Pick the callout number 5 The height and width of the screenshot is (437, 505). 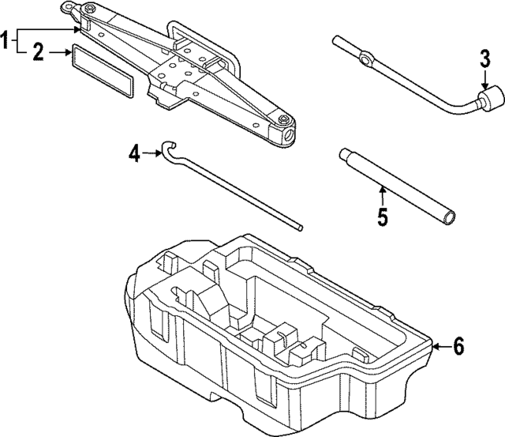[x=382, y=216]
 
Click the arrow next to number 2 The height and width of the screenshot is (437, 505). [x=60, y=53]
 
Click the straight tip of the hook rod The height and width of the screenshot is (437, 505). [x=300, y=228]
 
